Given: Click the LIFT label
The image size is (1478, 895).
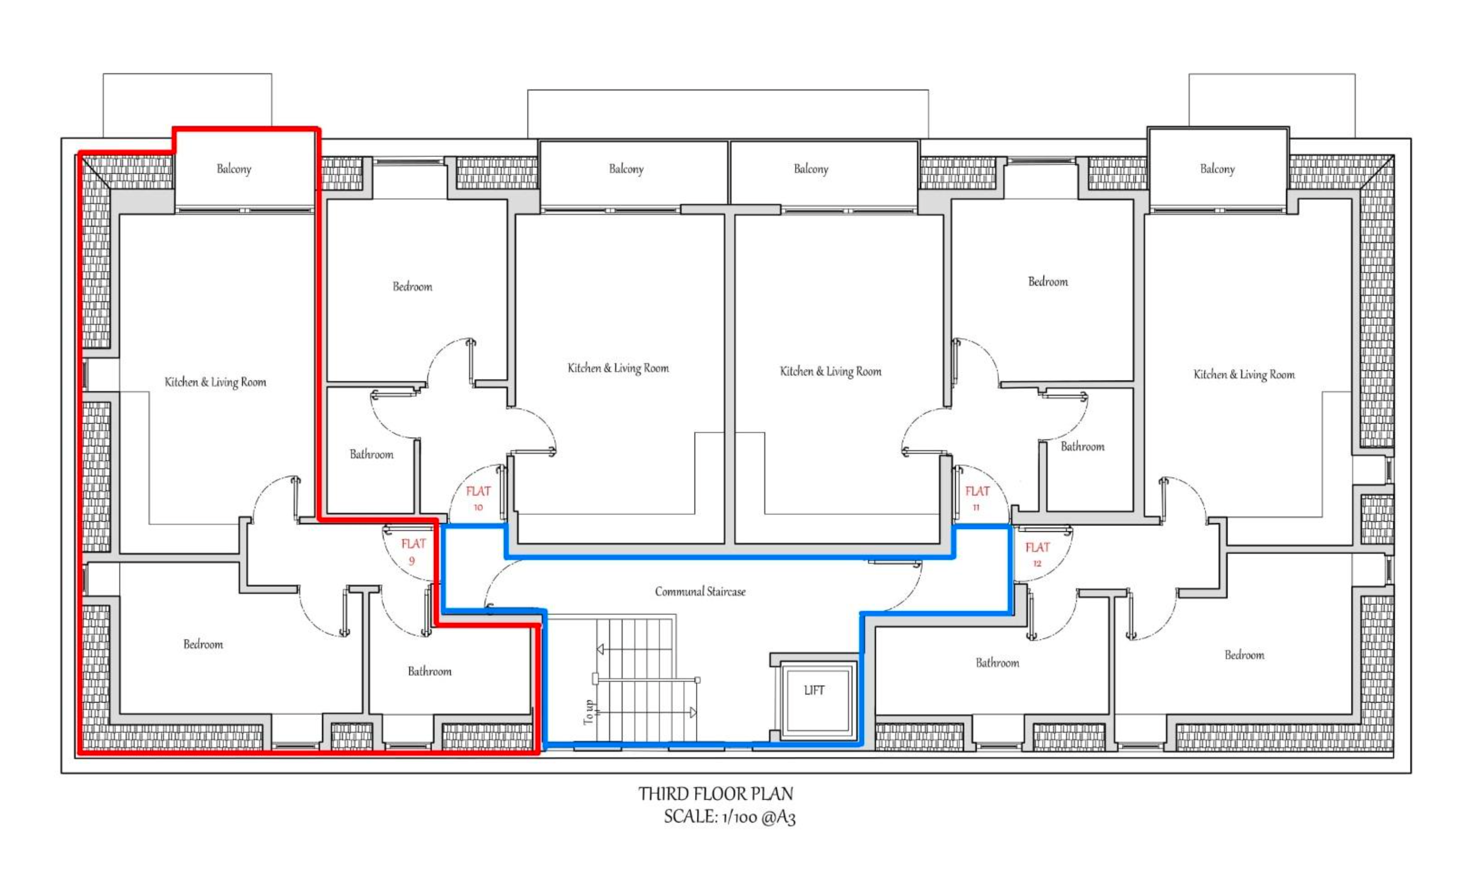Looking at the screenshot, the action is (x=814, y=691).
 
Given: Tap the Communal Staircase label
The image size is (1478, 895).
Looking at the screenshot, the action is (x=700, y=592).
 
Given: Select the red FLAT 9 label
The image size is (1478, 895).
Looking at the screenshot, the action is (x=413, y=552).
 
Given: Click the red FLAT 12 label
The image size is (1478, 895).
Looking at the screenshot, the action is (x=1037, y=554).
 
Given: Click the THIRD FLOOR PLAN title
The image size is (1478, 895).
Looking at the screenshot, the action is (x=716, y=794).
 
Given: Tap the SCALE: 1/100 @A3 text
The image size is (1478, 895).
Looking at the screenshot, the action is (x=729, y=817).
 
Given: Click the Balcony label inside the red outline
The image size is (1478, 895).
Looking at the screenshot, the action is (x=234, y=168).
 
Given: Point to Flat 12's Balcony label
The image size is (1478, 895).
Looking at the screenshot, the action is (x=1217, y=168).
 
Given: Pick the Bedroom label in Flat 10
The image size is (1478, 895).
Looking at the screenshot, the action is (x=412, y=286).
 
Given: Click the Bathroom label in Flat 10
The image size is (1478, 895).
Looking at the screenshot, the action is (x=371, y=454).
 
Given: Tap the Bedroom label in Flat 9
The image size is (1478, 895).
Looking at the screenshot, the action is (x=203, y=644).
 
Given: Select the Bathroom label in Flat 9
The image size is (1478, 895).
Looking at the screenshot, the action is (x=429, y=671).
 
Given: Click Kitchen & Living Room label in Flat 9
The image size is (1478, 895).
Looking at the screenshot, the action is (x=215, y=382).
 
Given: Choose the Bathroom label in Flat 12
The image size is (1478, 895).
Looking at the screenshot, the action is (x=997, y=663).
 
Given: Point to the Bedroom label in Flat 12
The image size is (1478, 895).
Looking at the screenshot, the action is (x=1244, y=655).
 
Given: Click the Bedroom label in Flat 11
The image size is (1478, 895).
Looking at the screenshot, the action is (x=1048, y=281).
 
